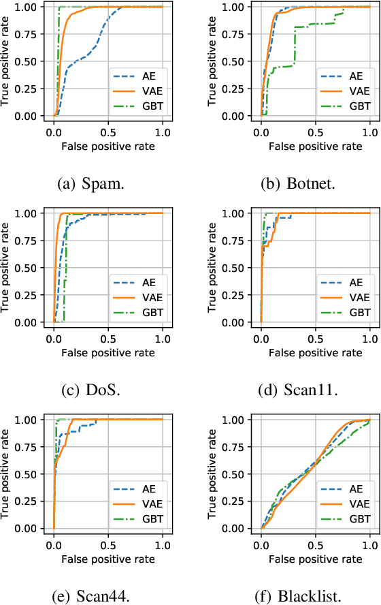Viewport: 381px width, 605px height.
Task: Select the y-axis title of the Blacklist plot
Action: tap(213, 473)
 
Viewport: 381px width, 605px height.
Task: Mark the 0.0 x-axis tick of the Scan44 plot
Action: tap(54, 542)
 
